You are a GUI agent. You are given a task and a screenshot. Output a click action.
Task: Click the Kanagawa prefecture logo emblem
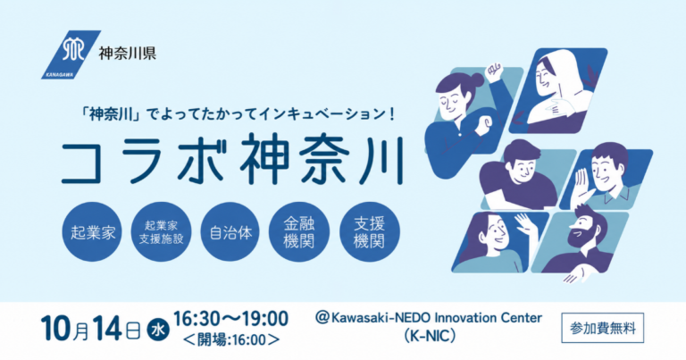click(x=71, y=54)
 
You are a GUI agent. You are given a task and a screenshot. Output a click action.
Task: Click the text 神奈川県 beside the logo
click(x=128, y=54)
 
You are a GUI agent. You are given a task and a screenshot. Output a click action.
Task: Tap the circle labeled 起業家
click(x=92, y=232)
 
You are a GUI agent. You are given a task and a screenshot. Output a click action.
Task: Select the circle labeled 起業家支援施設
click(x=161, y=232)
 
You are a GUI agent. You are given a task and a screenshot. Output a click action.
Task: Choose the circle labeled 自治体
click(x=230, y=232)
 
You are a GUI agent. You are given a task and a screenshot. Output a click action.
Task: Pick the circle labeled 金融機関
click(x=299, y=232)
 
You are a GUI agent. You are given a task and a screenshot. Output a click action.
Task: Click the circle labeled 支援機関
click(x=369, y=232)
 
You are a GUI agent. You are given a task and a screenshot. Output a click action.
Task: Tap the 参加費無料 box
click(x=602, y=328)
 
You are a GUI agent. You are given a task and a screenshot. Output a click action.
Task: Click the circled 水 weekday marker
click(x=157, y=329)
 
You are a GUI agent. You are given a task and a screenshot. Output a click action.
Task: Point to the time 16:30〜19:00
click(x=230, y=318)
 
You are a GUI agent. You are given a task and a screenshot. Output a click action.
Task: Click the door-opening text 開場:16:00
click(x=231, y=339)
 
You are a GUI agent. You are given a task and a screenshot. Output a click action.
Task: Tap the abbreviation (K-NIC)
click(x=429, y=336)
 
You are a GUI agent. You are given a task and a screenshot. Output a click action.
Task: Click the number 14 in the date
click(x=107, y=328)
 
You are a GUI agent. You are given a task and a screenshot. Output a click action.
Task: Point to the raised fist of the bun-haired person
click(x=493, y=70)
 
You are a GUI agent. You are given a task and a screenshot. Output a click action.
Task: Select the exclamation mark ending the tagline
click(x=391, y=115)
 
